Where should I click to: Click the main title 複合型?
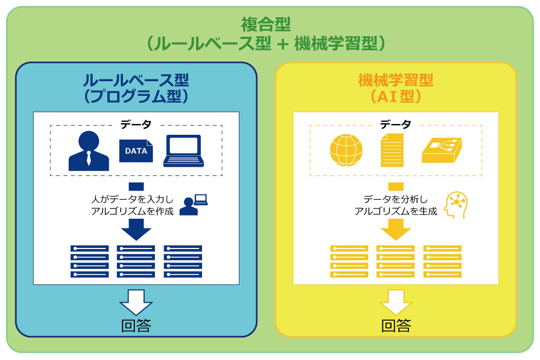pyautogui.click(x=266, y=24)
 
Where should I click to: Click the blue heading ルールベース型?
pyautogui.click(x=136, y=80)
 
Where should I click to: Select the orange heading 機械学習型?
pyautogui.click(x=396, y=80)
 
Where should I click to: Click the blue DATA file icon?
pyautogui.click(x=136, y=150)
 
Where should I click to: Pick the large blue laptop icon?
pyautogui.click(x=184, y=150)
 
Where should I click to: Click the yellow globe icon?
pyautogui.click(x=346, y=150)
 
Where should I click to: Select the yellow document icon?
pyautogui.click(x=392, y=150)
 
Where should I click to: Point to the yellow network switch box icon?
pyautogui.click(x=442, y=150)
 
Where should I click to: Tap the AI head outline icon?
pyautogui.click(x=456, y=205)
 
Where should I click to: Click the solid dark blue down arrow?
pyautogui.click(x=136, y=229)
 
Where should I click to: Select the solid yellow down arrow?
pyautogui.click(x=396, y=229)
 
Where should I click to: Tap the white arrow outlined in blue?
pyautogui.click(x=136, y=303)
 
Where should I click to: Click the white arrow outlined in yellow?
pyautogui.click(x=396, y=303)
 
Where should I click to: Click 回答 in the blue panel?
pyautogui.click(x=136, y=325)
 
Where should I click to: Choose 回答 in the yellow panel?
pyautogui.click(x=396, y=325)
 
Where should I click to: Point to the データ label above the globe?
pyautogui.click(x=396, y=125)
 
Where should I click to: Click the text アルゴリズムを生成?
pyautogui.click(x=396, y=211)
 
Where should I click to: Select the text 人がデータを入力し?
pyautogui.click(x=133, y=199)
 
